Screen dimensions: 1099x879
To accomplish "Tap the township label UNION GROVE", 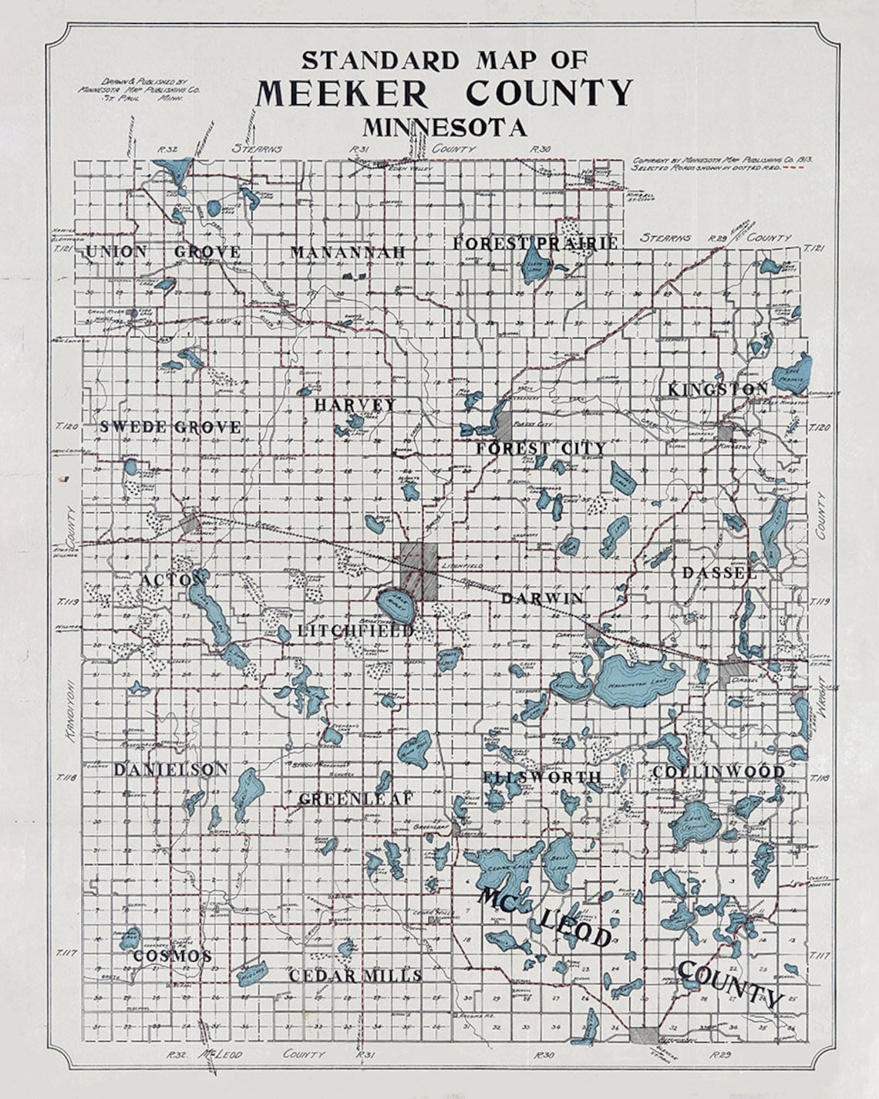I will coord(163,251).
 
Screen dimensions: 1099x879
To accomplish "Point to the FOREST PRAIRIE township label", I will coord(535,243).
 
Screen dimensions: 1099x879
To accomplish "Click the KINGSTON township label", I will coord(718,389).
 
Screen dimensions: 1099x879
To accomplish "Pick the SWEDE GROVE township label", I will coord(170,426).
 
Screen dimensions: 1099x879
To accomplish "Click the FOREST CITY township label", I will coord(541,448).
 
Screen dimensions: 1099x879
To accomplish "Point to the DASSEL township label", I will coord(719,573).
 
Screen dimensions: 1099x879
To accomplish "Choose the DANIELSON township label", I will coord(170,769).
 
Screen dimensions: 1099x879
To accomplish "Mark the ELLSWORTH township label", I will coord(542,777).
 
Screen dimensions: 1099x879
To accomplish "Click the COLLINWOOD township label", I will coord(719,771).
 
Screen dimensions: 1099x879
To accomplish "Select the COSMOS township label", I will coord(172,956).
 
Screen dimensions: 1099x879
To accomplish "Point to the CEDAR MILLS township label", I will coord(355,976).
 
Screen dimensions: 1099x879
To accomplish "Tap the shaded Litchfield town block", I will coord(419,571).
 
